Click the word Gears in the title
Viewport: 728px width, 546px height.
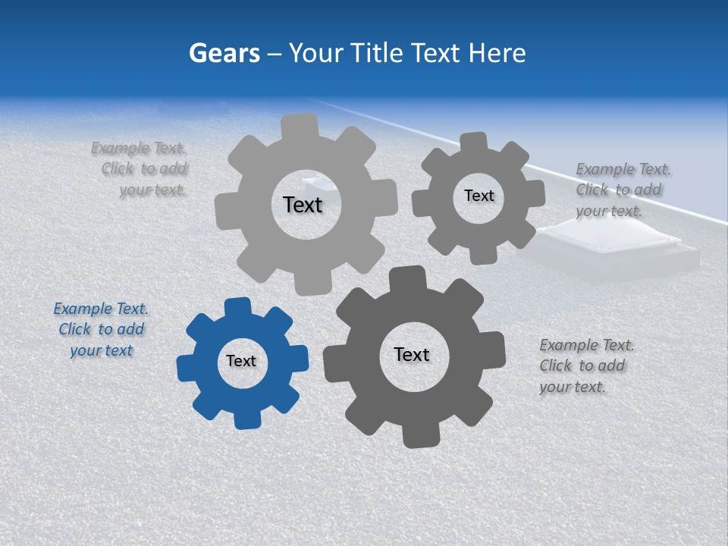[x=224, y=53]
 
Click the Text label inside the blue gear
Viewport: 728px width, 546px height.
[x=241, y=362]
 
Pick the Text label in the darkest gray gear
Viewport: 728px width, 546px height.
[x=412, y=355]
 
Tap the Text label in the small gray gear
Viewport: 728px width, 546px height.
[x=479, y=196]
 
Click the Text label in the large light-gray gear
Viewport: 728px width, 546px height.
[x=303, y=205]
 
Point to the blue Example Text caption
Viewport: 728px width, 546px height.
[x=101, y=330]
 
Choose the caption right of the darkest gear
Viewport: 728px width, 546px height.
[x=586, y=366]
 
